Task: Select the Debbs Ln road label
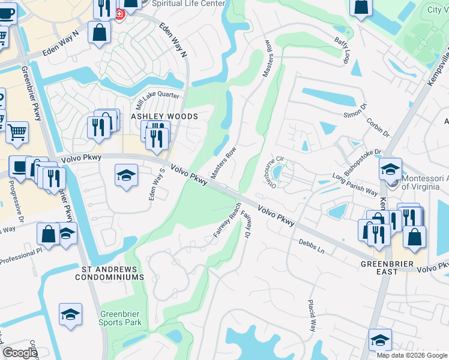pos(312,246)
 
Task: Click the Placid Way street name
pos(312,315)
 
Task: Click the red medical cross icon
pos(119,13)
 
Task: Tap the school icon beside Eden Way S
pos(126,175)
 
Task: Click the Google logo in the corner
pos(20,353)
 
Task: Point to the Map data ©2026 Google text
pos(412,355)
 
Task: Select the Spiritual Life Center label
pos(188,4)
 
